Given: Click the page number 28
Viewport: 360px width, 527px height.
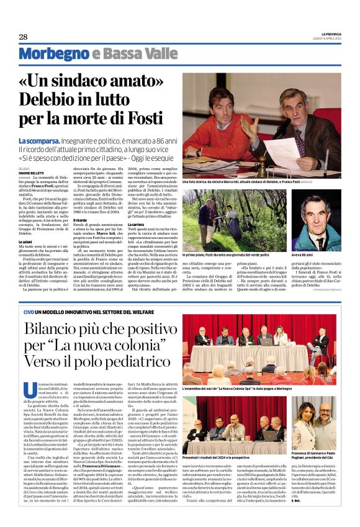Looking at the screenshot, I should click(23, 37).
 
